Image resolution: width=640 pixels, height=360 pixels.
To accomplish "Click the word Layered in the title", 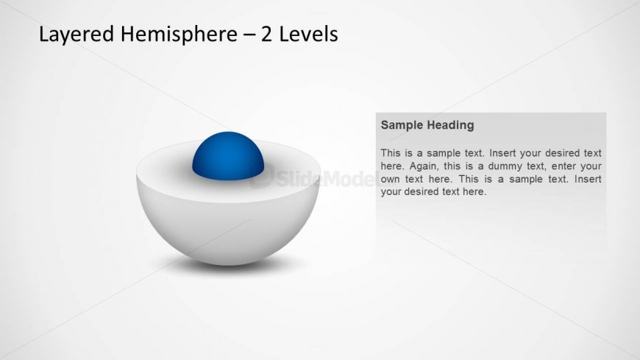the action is pos(77,35).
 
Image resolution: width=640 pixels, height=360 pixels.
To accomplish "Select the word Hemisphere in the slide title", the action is pos(179,35).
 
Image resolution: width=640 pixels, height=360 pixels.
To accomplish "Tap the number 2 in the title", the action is pos(266,35).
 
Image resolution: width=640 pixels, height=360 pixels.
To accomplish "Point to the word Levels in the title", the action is pos(308,35).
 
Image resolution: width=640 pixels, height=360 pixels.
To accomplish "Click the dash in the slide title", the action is pos(249,35).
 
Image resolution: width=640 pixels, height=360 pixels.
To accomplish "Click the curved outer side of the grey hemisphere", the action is pos(228,229).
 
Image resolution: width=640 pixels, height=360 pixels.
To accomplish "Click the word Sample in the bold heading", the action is pos(401,125).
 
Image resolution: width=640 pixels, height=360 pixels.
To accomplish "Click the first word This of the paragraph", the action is pos(391,153).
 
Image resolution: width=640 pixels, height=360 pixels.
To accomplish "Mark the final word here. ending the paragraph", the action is pos(474,191).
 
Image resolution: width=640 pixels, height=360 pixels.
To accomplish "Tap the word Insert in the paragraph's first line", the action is pos(503,153).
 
